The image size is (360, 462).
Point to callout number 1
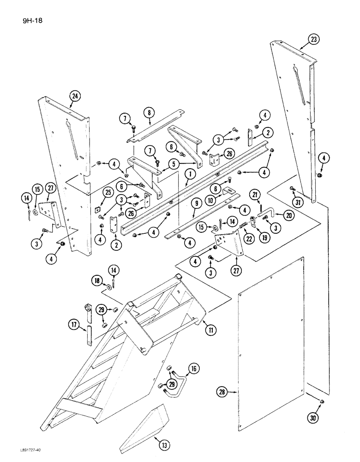188,175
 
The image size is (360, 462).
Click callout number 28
223,392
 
